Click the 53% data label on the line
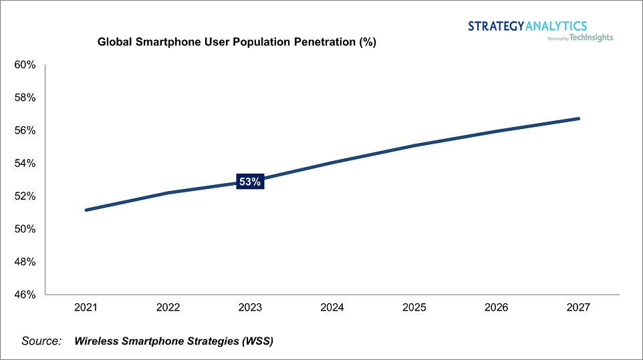pos(250,182)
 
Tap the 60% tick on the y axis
pos(25,65)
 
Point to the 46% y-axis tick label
pos(25,295)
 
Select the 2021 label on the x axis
pos(86,307)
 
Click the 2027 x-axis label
pos(578,307)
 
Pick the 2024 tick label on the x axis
pos(332,307)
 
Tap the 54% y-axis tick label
pos(25,163)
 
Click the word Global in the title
pos(115,42)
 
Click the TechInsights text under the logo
pos(591,37)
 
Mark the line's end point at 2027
pos(578,119)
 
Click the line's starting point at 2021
pos(86,210)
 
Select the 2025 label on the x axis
pos(414,307)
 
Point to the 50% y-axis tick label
pos(25,229)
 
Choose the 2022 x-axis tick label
pos(168,307)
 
